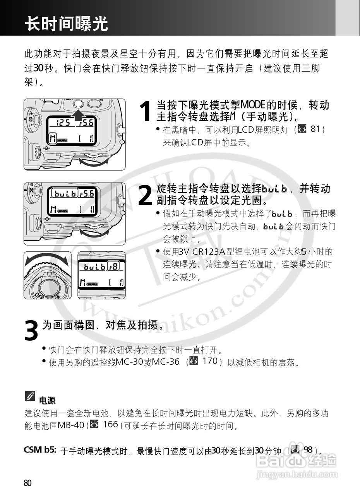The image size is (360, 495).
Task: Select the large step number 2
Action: [x=145, y=195]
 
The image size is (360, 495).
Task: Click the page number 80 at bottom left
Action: [x=27, y=483]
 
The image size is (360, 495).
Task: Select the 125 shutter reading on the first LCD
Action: [x=62, y=123]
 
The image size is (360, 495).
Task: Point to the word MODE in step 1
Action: [x=252, y=104]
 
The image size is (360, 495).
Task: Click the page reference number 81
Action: [x=315, y=129]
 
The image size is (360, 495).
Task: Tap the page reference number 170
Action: [x=210, y=362]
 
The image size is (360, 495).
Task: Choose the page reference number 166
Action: [x=110, y=424]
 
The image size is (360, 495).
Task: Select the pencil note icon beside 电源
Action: [x=30, y=396]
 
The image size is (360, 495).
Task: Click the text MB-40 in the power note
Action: [x=71, y=426]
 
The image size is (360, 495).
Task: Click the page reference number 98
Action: [x=308, y=449]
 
